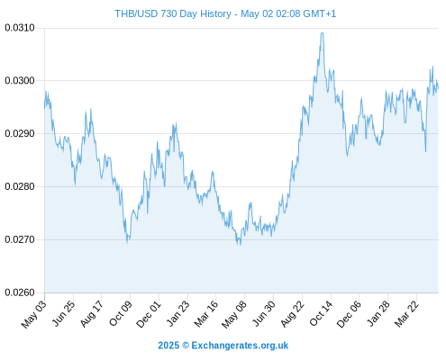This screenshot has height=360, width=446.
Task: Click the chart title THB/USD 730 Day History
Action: point(173,13)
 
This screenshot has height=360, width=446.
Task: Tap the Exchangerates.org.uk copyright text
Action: point(223,346)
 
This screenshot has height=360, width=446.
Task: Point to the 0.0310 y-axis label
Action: point(20,28)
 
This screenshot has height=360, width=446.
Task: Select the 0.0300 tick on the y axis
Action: point(20,81)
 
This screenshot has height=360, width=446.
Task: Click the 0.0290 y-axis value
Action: point(20,133)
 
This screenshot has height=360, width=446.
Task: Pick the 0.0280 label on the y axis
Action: point(20,186)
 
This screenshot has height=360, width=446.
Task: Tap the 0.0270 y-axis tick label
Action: point(20,239)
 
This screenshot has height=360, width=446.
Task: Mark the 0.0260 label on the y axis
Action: point(20,292)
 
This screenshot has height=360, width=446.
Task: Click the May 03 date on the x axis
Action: point(34,314)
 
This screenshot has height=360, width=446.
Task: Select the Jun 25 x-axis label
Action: point(64,313)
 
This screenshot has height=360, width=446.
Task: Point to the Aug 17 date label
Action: point(92,313)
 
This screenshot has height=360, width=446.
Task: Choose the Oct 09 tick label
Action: point(121,313)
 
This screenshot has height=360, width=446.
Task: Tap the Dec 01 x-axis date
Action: point(149,314)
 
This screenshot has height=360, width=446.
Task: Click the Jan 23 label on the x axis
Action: point(178,313)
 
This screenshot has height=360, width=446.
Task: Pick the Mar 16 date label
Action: point(206,314)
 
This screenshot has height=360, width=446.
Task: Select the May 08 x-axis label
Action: point(234,314)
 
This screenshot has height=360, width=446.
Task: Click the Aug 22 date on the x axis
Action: point(293,314)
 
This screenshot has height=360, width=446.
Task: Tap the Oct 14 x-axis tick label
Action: point(322,313)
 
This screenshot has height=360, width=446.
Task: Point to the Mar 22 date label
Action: point(406,314)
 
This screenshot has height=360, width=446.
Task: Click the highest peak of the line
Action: point(323,33)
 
